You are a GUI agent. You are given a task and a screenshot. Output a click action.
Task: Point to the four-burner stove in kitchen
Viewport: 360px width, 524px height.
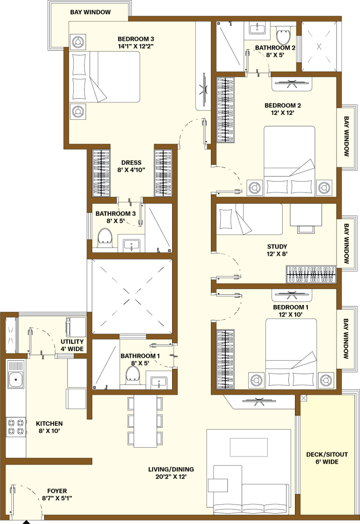(16, 427)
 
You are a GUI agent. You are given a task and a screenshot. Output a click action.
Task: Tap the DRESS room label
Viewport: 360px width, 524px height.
(131, 163)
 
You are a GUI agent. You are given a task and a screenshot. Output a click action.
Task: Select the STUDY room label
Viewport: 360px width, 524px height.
(277, 247)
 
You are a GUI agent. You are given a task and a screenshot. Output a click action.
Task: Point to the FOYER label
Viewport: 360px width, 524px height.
(57, 491)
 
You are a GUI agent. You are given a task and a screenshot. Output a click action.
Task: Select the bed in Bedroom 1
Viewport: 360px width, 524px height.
(290, 353)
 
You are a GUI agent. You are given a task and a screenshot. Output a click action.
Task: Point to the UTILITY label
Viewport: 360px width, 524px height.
(72, 341)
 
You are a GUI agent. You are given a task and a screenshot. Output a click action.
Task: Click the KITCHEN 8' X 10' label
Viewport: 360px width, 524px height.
(49, 427)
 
